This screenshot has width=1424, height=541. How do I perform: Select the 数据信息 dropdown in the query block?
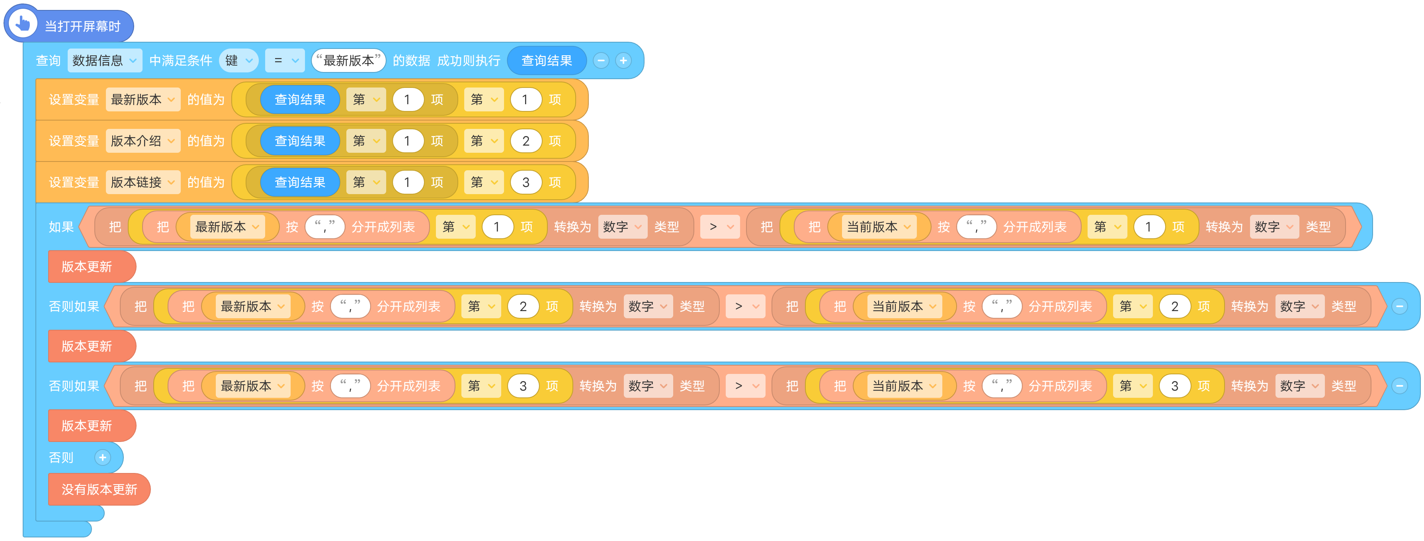104,60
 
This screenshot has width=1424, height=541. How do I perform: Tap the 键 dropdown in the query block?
239,60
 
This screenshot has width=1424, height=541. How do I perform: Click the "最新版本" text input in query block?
348,60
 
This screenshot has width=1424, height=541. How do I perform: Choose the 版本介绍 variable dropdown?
143,141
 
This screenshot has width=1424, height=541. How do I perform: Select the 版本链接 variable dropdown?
143,182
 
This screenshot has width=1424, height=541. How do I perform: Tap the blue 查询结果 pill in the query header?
546,60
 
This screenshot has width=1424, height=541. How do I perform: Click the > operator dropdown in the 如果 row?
720,227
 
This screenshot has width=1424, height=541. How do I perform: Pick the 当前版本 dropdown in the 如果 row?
878,227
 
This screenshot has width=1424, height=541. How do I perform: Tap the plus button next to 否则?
102,457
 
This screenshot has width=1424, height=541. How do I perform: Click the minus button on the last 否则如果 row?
1399,386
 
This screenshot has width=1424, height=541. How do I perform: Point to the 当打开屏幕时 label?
82,26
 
